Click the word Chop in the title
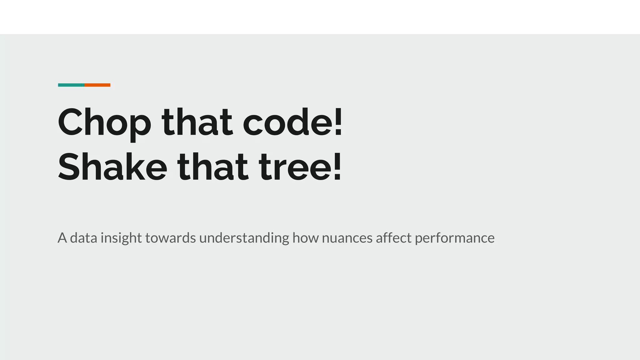[x=104, y=122]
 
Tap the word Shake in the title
[x=112, y=167]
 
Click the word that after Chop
[x=197, y=122]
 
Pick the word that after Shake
[x=213, y=167]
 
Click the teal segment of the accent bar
[x=71, y=85]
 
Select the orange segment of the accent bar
[x=97, y=85]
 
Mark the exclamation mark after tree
[x=337, y=167]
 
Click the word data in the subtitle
[x=83, y=238]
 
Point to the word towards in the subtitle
[x=171, y=238]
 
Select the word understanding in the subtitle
[x=244, y=238]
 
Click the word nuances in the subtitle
[x=347, y=238]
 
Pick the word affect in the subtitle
[x=393, y=238]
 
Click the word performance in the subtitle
[x=455, y=238]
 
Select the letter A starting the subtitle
[x=62, y=238]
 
